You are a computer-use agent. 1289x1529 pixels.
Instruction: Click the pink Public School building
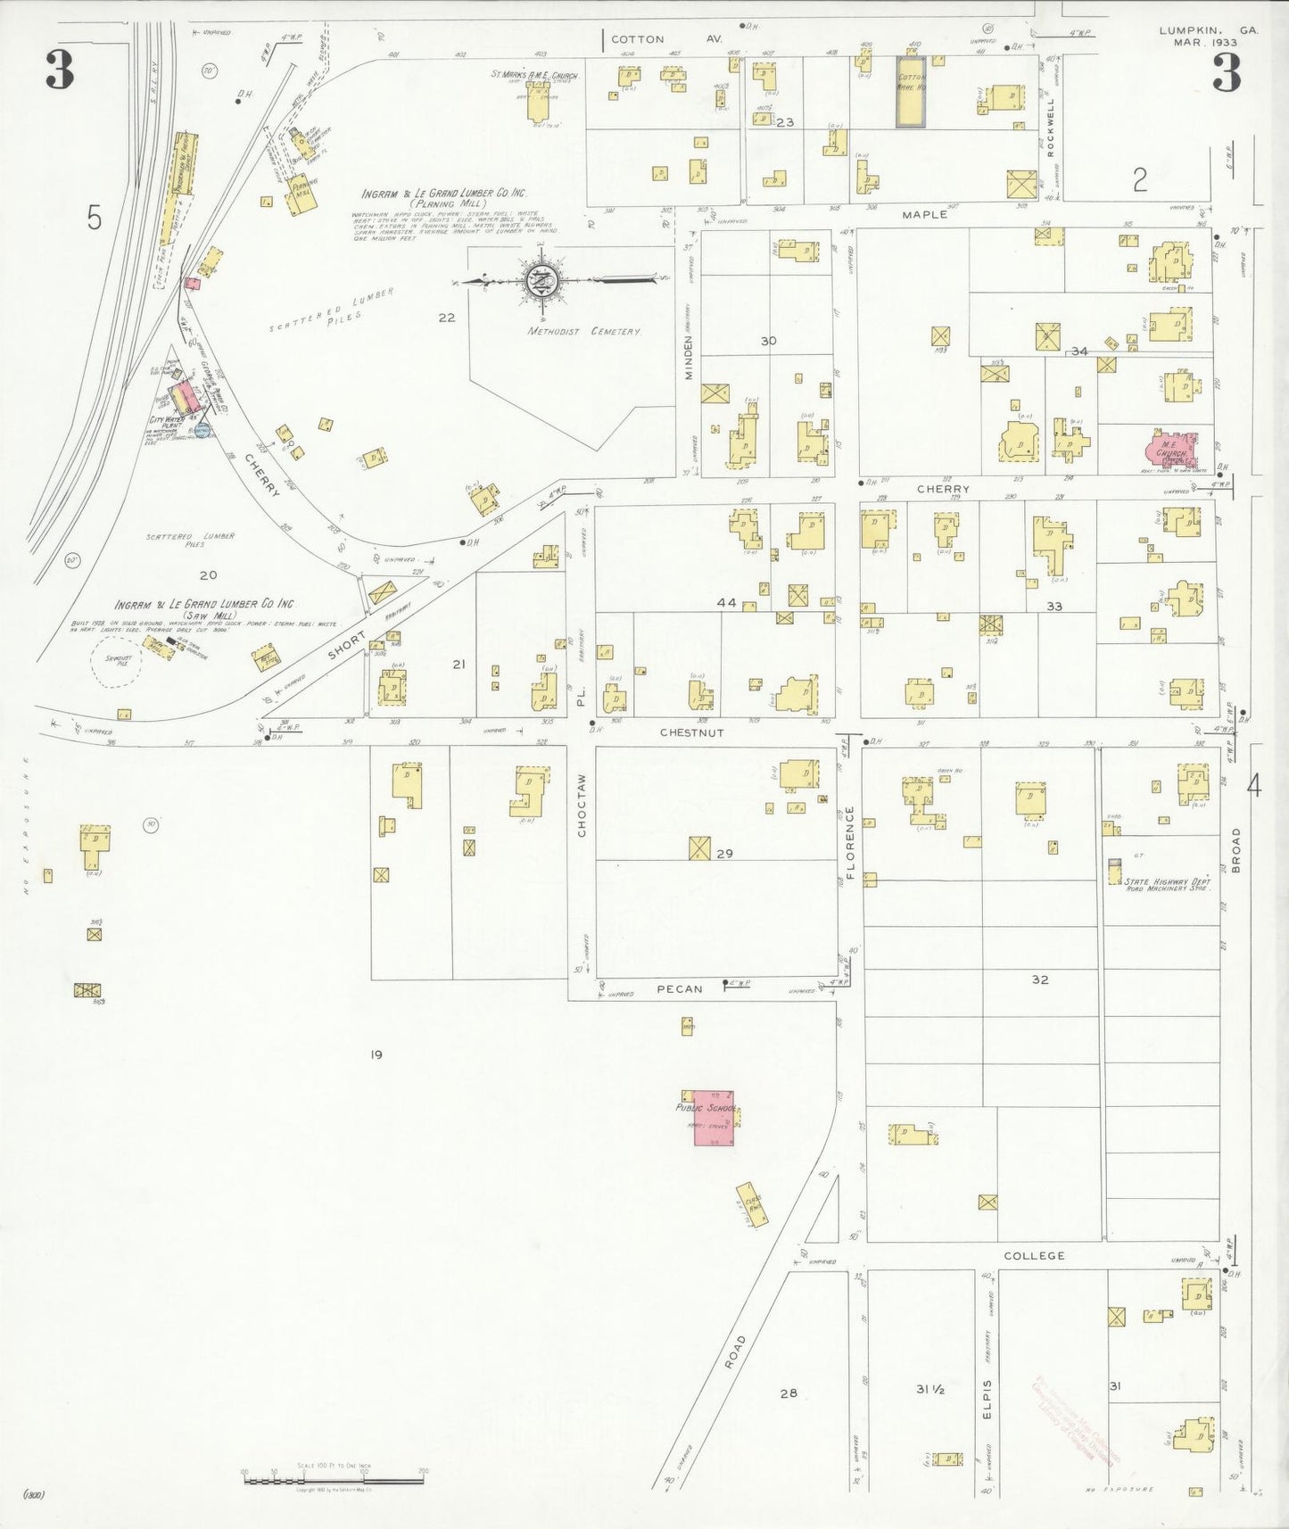click(x=709, y=1118)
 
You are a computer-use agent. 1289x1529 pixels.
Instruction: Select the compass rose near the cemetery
click(x=541, y=281)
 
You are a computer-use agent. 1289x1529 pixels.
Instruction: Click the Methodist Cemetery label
click(x=583, y=332)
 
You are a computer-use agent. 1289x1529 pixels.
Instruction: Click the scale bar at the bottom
click(x=334, y=1481)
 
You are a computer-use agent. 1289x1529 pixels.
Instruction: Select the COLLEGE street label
click(x=1034, y=1256)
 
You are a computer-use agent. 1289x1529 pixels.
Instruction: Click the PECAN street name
click(x=681, y=988)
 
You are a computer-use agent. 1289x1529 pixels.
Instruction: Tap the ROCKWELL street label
click(x=1051, y=128)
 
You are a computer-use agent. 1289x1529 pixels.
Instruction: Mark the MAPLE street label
click(x=924, y=214)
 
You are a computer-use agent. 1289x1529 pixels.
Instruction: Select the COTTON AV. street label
click(x=665, y=39)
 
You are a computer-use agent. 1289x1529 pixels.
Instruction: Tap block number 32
click(x=1040, y=979)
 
